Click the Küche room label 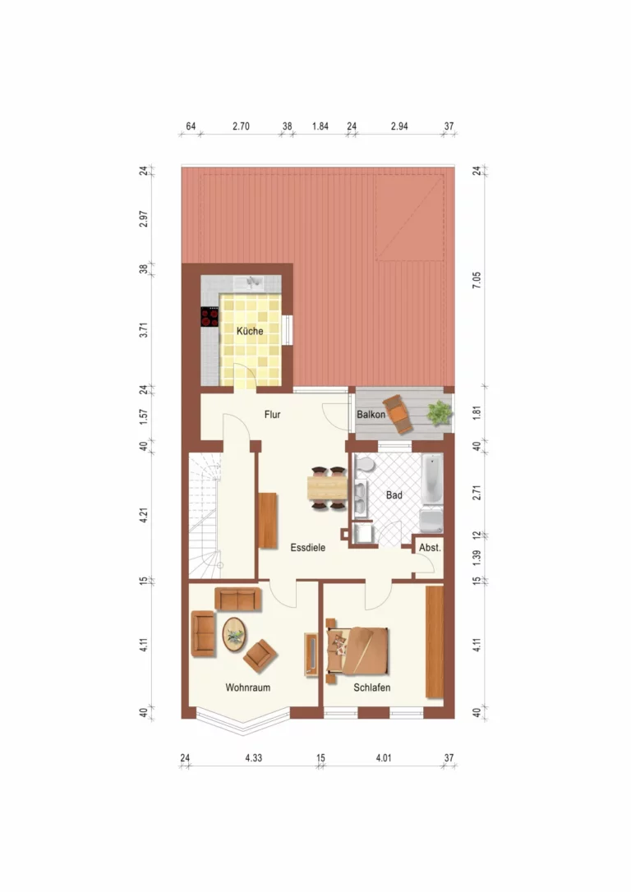[250, 331]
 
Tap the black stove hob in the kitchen [210, 317]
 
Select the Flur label [272, 415]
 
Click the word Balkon [371, 415]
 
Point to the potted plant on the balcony [440, 412]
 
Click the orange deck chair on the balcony [398, 414]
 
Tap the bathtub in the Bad [432, 479]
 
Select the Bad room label [394, 495]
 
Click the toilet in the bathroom [364, 464]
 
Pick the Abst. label [430, 548]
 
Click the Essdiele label [308, 548]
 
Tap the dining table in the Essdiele [327, 488]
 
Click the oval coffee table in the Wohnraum [234, 634]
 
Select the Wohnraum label [247, 687]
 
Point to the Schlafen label [372, 687]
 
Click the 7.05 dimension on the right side [477, 280]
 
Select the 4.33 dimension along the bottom [254, 758]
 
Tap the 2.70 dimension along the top [241, 126]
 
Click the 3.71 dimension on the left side [144, 330]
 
